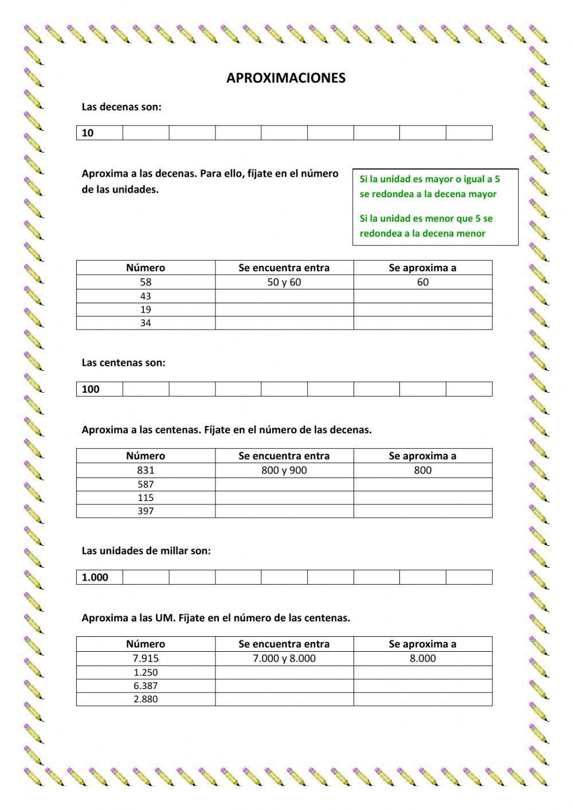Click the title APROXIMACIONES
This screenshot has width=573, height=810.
[286, 78]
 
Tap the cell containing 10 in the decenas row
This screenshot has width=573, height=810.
[99, 133]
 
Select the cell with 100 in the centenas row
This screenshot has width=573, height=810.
[99, 389]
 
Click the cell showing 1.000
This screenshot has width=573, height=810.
[99, 577]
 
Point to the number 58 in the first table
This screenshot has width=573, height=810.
[146, 282]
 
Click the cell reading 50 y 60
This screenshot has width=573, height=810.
[284, 282]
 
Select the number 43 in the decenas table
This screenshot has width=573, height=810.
[146, 296]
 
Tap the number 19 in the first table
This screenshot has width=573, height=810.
[146, 310]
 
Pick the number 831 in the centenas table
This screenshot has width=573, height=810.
[146, 470]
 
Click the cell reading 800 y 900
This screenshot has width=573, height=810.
[284, 470]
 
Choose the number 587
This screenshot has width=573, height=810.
[146, 484]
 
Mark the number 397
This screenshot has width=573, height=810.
[146, 511]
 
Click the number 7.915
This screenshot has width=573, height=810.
[146, 658]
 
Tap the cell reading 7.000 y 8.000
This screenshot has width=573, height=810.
[284, 658]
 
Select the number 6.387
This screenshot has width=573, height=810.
[146, 686]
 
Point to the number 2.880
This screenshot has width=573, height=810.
[146, 699]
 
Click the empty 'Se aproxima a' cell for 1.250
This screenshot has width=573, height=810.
[423, 672]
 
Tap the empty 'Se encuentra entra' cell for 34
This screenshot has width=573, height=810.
[284, 323]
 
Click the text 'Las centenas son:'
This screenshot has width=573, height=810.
[123, 362]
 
